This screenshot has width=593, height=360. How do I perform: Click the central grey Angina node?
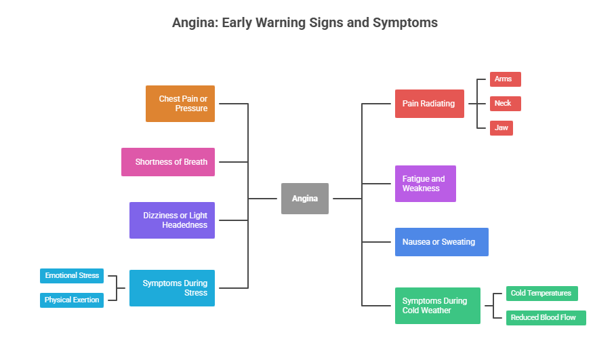pyautogui.click(x=305, y=199)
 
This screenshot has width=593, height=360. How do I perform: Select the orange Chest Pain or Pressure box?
pyautogui.click(x=180, y=104)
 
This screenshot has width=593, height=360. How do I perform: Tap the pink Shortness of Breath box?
pyautogui.click(x=168, y=162)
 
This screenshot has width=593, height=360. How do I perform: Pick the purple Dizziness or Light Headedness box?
pyautogui.click(x=172, y=220)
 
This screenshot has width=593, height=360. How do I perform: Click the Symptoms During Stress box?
pyautogui.click(x=172, y=288)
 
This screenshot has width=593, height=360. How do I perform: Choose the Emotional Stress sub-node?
pyautogui.click(x=72, y=276)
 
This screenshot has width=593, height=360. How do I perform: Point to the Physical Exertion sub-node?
pyautogui.click(x=72, y=300)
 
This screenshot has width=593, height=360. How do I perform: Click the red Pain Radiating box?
pyautogui.click(x=430, y=104)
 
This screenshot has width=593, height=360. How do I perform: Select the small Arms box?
pyautogui.click(x=505, y=79)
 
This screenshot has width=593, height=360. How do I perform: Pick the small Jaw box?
pyautogui.click(x=502, y=127)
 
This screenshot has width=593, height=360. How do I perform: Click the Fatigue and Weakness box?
pyautogui.click(x=426, y=184)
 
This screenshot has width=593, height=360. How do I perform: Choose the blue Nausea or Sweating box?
pyautogui.click(x=441, y=242)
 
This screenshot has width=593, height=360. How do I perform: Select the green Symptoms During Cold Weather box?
pyautogui.click(x=438, y=306)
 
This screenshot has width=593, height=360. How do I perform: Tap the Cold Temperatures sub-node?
pyautogui.click(x=542, y=294)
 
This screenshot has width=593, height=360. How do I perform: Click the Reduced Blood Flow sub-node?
pyautogui.click(x=546, y=317)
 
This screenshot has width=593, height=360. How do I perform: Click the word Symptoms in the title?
pyautogui.click(x=404, y=23)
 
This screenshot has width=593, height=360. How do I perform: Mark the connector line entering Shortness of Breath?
pyautogui.click(x=232, y=162)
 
